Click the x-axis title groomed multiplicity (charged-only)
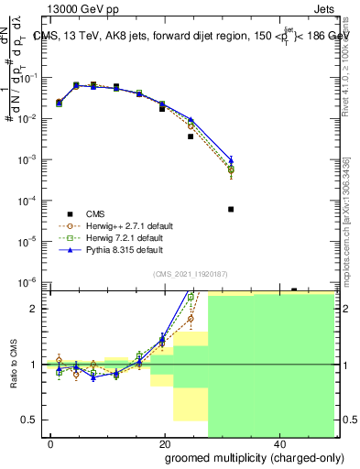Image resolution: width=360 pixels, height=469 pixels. click(x=243, y=457)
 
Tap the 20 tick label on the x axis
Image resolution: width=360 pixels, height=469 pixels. click(x=165, y=442)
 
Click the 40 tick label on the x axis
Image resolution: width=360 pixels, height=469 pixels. click(x=278, y=442)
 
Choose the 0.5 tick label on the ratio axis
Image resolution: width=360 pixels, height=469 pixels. click(x=33, y=420)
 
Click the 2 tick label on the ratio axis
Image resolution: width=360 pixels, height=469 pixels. click(x=38, y=309)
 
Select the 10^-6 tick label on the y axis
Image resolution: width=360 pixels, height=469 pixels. click(x=30, y=282)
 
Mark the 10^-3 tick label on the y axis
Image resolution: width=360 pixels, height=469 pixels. click(x=30, y=159)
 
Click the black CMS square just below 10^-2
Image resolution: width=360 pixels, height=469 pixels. click(x=191, y=136)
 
